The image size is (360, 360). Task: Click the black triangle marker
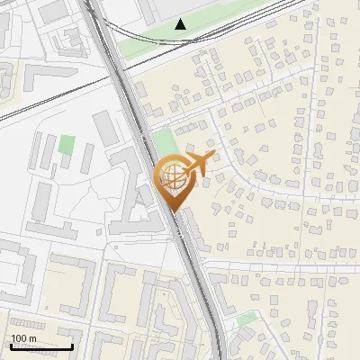coord(181,24)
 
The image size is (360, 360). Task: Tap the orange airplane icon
coord(193,166)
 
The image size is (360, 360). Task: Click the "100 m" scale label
coord(23,338)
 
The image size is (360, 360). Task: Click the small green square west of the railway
coord(67,144)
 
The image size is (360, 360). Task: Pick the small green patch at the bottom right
coord(246,319)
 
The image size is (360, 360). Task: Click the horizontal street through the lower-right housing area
coord(288,265)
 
